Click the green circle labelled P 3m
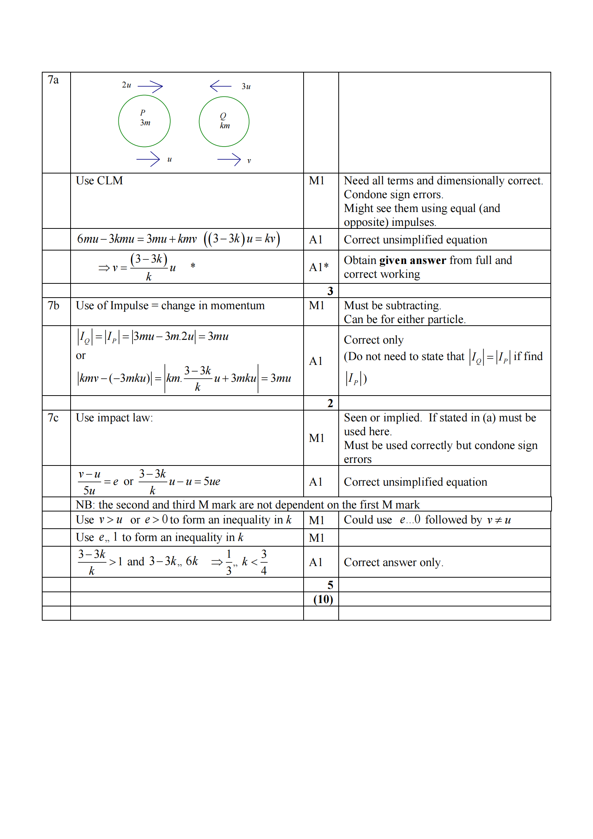click(144, 121)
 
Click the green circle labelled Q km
click(224, 122)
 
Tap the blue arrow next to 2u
click(150, 87)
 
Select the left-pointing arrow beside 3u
click(221, 86)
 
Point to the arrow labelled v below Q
click(229, 160)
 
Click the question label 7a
click(53, 80)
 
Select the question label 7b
click(53, 305)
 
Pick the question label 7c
click(53, 418)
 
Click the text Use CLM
click(99, 181)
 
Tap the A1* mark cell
click(319, 267)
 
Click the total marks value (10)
click(323, 599)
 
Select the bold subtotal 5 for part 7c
click(330, 585)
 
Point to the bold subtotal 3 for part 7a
click(330, 291)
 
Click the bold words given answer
click(413, 260)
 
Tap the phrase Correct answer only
click(394, 562)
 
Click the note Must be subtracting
click(392, 305)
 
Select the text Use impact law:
click(114, 418)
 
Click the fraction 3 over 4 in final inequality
click(264, 562)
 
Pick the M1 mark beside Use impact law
click(317, 438)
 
